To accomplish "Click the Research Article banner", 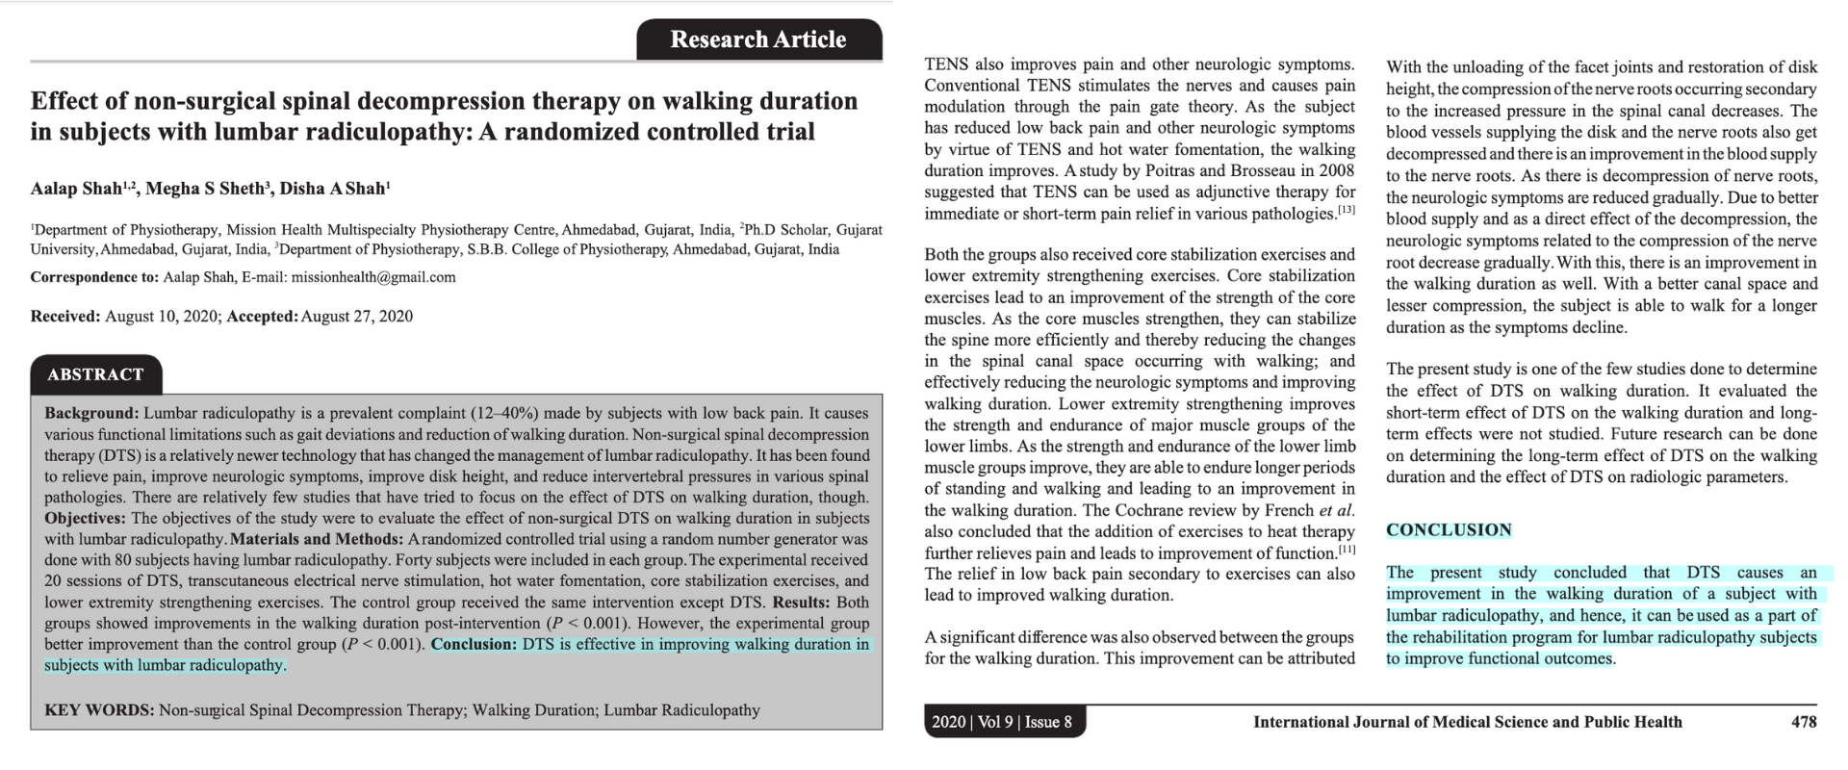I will [758, 39].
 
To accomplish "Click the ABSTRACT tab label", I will [95, 374].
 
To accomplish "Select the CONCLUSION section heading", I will [1449, 530].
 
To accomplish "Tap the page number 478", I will [1804, 722].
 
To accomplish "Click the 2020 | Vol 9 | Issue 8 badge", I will [1002, 722].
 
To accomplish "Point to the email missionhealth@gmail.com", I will [373, 277].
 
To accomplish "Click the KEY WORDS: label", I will [99, 710].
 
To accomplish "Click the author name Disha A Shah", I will [331, 189].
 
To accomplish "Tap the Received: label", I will [65, 317].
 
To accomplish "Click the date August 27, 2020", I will [357, 317].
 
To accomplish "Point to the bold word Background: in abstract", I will [91, 414].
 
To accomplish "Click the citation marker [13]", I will [1346, 210].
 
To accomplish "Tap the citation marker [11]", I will [1346, 550].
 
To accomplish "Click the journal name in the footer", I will [1467, 722].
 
